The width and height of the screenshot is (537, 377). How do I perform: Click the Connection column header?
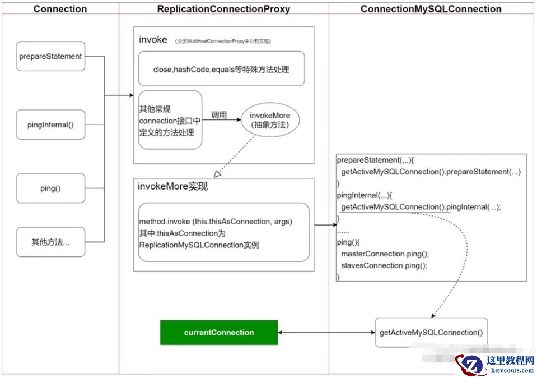click(60, 9)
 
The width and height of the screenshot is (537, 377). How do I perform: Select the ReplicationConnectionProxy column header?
click(223, 9)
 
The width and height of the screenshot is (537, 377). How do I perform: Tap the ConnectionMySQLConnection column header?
click(431, 9)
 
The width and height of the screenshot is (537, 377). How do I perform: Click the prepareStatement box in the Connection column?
click(50, 56)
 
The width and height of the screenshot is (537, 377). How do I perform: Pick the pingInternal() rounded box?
click(50, 125)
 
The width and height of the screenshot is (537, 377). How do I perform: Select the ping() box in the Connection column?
click(50, 188)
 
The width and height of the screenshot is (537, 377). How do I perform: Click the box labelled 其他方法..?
click(50, 242)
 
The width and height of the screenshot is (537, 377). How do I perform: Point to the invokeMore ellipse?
click(270, 119)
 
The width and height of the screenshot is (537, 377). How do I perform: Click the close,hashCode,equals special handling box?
click(221, 69)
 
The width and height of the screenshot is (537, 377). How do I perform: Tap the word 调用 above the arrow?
click(218, 114)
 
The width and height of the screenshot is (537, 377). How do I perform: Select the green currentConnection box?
click(219, 333)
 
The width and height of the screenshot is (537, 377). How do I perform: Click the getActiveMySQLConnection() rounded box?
click(431, 333)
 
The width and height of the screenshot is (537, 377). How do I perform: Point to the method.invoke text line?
click(216, 222)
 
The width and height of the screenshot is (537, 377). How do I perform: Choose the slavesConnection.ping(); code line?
click(384, 266)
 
